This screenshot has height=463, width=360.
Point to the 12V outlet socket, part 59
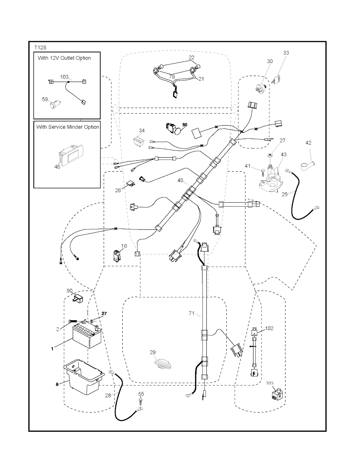55,104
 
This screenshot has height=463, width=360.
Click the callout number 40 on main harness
180,180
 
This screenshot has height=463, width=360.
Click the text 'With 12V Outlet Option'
64,58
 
